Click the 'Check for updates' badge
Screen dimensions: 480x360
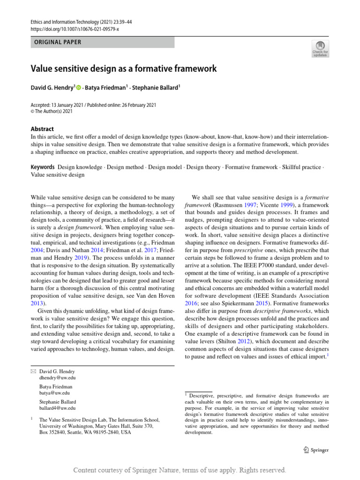[x=320, y=48]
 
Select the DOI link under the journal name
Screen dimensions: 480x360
[x=75, y=29]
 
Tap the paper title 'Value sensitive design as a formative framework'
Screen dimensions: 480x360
[x=124, y=68]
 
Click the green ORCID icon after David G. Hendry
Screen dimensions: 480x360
[x=78, y=87]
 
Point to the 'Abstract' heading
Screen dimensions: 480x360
[x=42, y=129]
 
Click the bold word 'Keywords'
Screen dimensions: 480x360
[x=43, y=167]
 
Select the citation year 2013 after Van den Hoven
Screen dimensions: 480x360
[x=39, y=303]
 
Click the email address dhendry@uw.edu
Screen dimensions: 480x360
[x=57, y=378]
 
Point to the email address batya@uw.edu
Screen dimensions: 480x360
[x=54, y=393]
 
